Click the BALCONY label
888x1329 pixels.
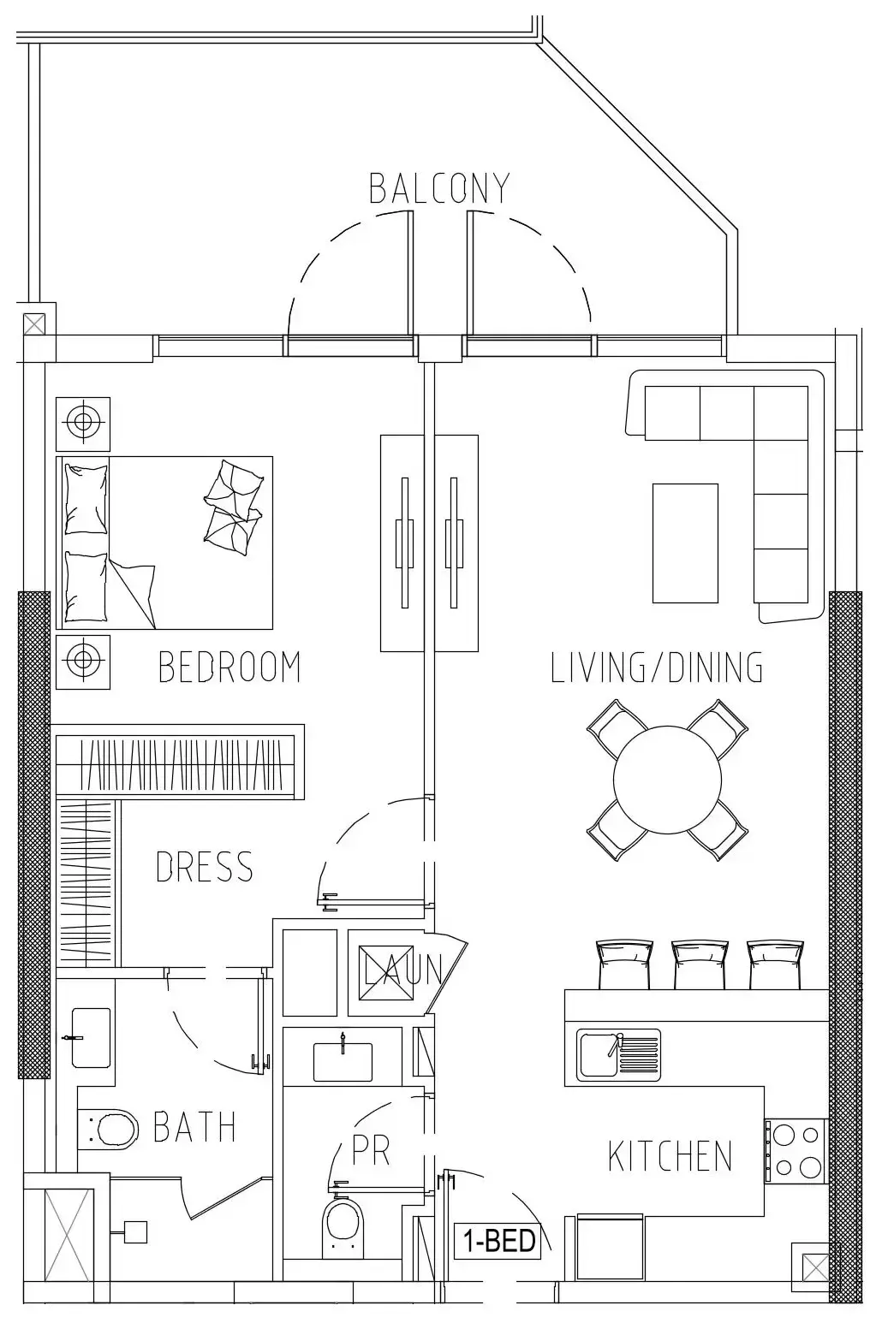pyautogui.click(x=439, y=188)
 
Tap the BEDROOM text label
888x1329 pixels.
pyautogui.click(x=229, y=667)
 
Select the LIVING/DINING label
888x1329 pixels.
pyautogui.click(x=656, y=667)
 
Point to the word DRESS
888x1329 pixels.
pyautogui.click(x=205, y=867)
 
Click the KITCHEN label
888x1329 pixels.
pyautogui.click(x=670, y=1156)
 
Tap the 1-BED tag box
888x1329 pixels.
pyautogui.click(x=499, y=1240)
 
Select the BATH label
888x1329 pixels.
pyautogui.click(x=194, y=1127)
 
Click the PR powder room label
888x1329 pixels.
pyautogui.click(x=371, y=1151)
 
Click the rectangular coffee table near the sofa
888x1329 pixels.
pyautogui.click(x=685, y=543)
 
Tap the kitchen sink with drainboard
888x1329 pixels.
pyautogui.click(x=618, y=1053)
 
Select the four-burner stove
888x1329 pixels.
pyautogui.click(x=796, y=1151)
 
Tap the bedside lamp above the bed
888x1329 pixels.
pyautogui.click(x=82, y=423)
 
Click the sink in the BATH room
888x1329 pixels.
pyautogui.click(x=91, y=1037)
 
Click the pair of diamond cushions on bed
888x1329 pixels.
pyautogui.click(x=232, y=504)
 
